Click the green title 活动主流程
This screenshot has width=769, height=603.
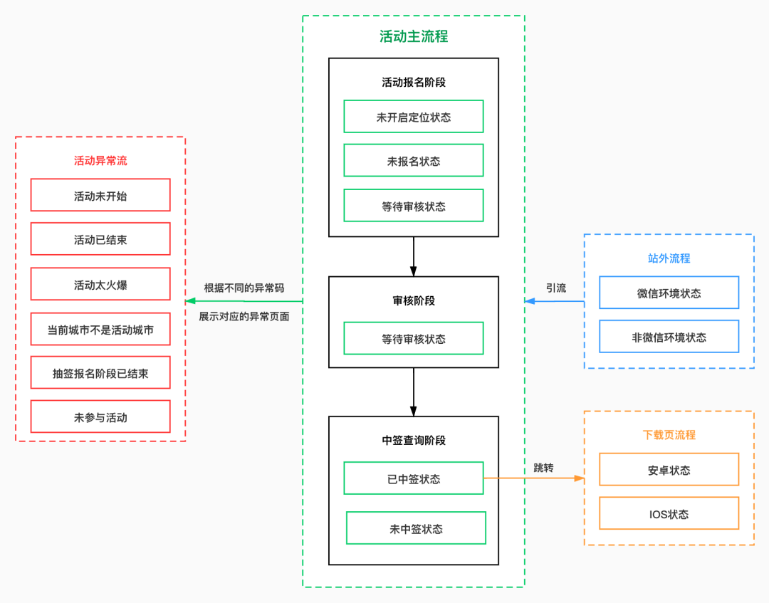[x=414, y=36]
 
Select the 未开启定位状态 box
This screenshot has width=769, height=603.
[x=414, y=117]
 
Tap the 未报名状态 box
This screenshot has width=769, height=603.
[x=414, y=160]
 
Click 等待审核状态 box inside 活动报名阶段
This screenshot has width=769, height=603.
[x=414, y=206]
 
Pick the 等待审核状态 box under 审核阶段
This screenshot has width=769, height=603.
[x=414, y=338]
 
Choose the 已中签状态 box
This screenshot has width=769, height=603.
[x=414, y=478]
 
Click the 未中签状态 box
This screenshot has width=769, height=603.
[x=416, y=528]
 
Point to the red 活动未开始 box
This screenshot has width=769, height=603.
[x=100, y=195]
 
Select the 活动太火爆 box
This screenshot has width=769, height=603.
[x=100, y=284]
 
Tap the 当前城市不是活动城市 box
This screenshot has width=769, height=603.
[x=100, y=329]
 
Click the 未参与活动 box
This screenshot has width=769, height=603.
[x=100, y=416]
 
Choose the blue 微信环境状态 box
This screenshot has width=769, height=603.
[x=669, y=293]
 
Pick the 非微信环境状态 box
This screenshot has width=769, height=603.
[x=669, y=336]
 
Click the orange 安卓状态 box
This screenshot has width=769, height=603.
[x=669, y=470]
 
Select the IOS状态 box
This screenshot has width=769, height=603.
[x=669, y=513]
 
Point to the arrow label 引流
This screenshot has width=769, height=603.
[x=556, y=288]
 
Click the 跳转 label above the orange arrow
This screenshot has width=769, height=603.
[x=543, y=468]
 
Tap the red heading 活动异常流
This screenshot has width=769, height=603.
[x=100, y=161]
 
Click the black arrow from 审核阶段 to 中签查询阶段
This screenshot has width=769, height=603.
[x=414, y=392]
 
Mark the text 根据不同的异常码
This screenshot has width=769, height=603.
[x=244, y=288]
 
